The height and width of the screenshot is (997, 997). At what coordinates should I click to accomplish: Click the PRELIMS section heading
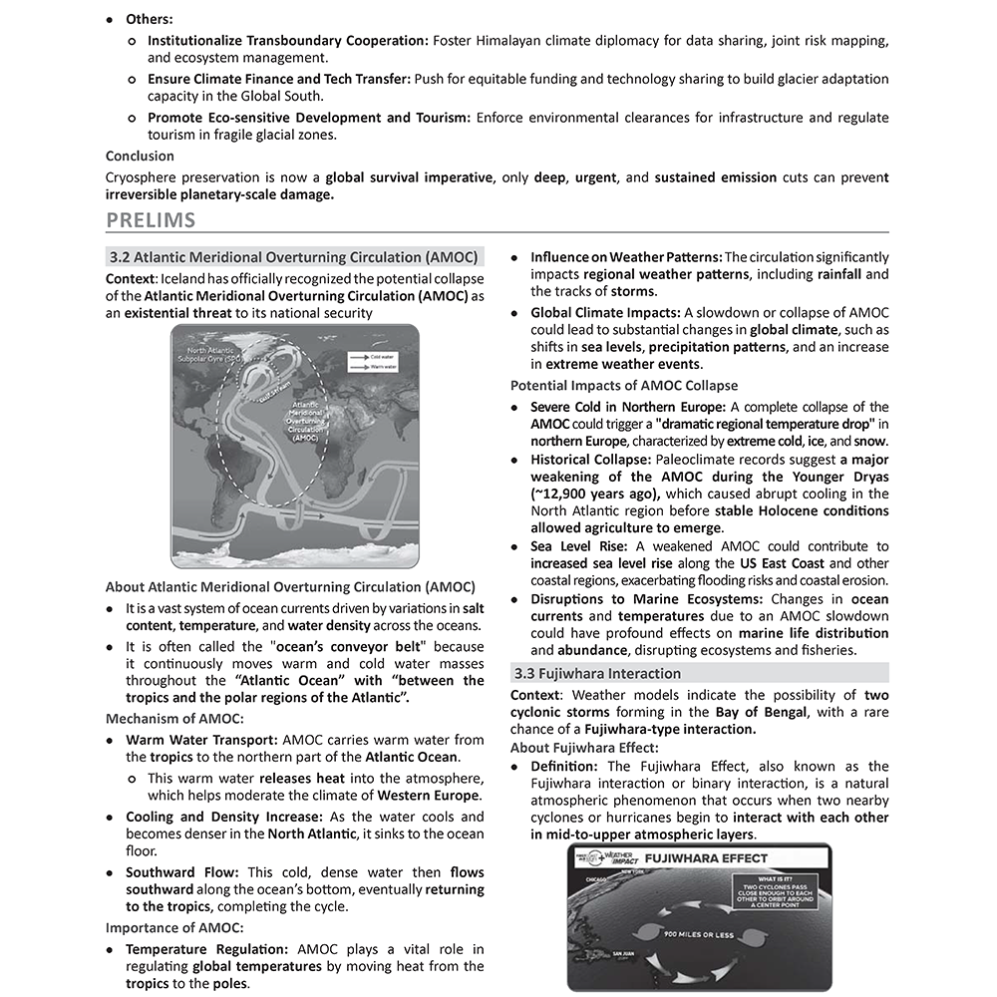point(151,220)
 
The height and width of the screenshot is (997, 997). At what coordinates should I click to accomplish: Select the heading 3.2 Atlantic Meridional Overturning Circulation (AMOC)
point(294,256)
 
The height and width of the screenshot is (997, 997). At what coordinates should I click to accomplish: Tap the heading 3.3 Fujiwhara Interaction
point(596,673)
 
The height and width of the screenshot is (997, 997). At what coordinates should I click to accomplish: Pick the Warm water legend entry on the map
point(385,367)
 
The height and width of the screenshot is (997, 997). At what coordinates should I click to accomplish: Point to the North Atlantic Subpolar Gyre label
point(208,354)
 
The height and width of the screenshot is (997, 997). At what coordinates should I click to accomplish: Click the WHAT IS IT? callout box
point(777,892)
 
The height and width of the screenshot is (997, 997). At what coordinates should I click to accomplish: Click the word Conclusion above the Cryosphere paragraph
point(140,156)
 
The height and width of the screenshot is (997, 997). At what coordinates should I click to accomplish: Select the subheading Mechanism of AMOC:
point(174,718)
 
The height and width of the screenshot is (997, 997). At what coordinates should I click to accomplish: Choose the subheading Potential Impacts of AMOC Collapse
point(624,386)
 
